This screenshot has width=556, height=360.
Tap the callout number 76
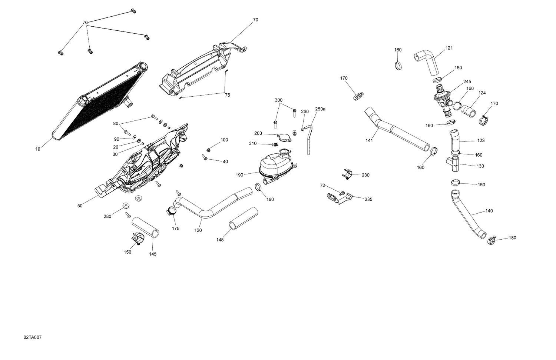[x=85, y=23]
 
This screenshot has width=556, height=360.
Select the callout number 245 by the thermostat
[x=467, y=81]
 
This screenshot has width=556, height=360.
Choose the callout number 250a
[x=320, y=109]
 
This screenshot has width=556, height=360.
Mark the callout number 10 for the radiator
[x=38, y=149]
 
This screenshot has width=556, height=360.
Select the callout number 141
[x=369, y=140]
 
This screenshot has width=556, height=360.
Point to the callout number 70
[x=255, y=20]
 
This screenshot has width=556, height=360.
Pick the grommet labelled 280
[x=126, y=206]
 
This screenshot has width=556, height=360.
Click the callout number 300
[x=278, y=100]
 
